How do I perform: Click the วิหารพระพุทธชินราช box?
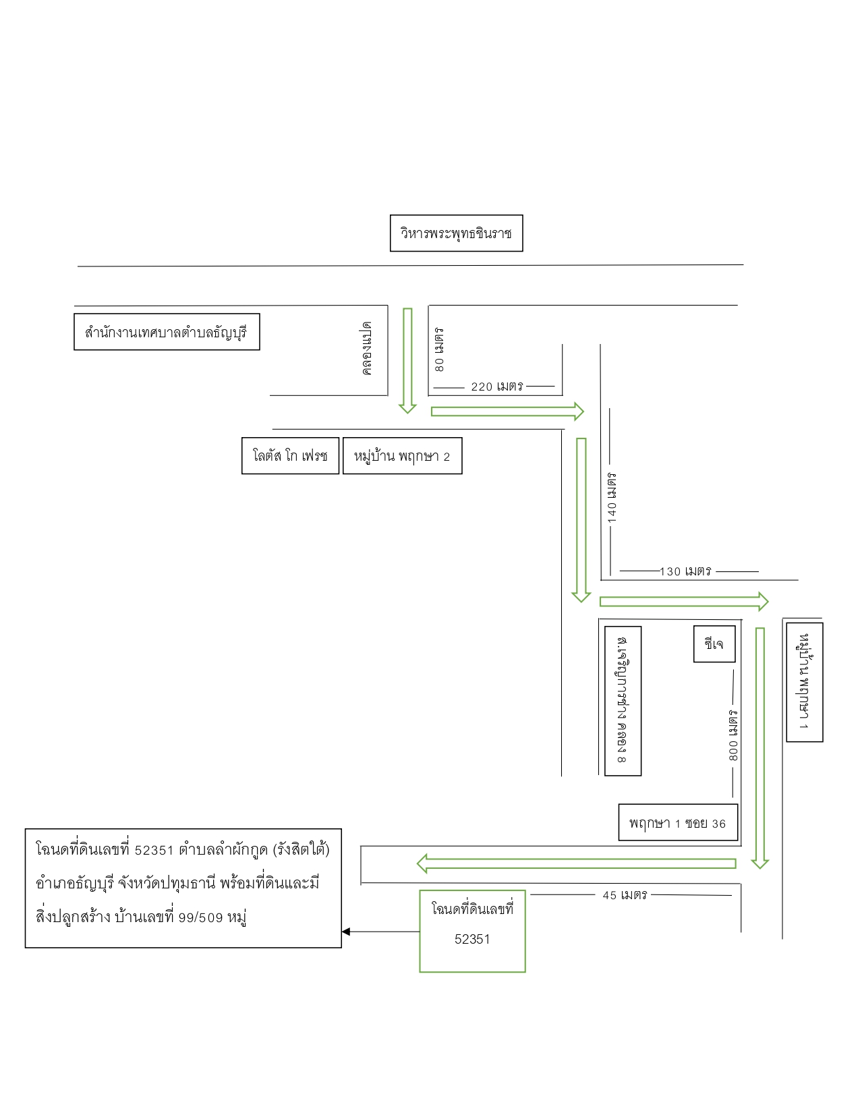(x=457, y=233)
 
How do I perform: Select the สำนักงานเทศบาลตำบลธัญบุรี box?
(x=167, y=332)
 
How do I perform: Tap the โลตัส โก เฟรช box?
(x=291, y=456)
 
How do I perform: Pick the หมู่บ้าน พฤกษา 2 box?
(x=403, y=456)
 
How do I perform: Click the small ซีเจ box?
(x=714, y=644)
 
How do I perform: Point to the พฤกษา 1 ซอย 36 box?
(x=678, y=823)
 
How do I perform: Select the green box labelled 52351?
(x=472, y=931)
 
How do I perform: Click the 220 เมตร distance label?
(x=497, y=387)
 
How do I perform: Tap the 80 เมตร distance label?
(x=439, y=349)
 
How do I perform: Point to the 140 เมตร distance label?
(x=612, y=498)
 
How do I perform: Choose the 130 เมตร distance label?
(x=685, y=571)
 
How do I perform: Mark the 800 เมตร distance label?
(x=733, y=735)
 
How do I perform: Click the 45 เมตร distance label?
(x=625, y=895)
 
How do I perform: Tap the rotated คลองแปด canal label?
(x=366, y=349)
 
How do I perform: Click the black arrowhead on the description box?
(x=346, y=932)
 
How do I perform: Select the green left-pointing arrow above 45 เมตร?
(x=576, y=863)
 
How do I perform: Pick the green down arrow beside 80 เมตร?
(x=407, y=361)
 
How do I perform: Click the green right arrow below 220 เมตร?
(x=508, y=411)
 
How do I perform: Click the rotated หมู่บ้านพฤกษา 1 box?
(x=805, y=682)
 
